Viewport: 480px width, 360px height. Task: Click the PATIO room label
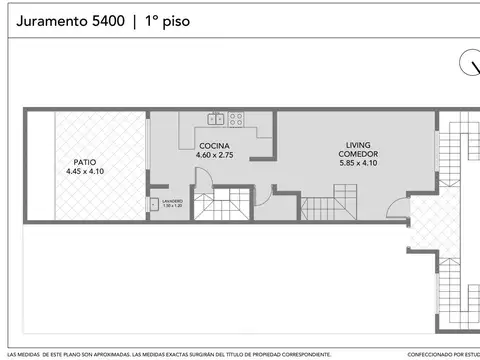click(x=85, y=161)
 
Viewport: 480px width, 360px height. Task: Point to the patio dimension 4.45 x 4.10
click(x=85, y=171)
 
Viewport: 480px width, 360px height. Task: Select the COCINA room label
click(x=214, y=145)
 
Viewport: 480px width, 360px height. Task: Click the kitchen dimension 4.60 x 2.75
click(x=214, y=155)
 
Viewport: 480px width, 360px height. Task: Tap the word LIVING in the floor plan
click(x=358, y=145)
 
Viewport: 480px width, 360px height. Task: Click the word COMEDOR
click(x=358, y=154)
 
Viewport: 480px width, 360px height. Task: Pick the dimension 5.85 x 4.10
click(x=358, y=163)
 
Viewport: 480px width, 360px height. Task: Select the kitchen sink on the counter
click(x=216, y=119)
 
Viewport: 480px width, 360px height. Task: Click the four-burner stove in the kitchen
click(x=237, y=119)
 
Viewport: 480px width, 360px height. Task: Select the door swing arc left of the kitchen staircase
click(x=201, y=181)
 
